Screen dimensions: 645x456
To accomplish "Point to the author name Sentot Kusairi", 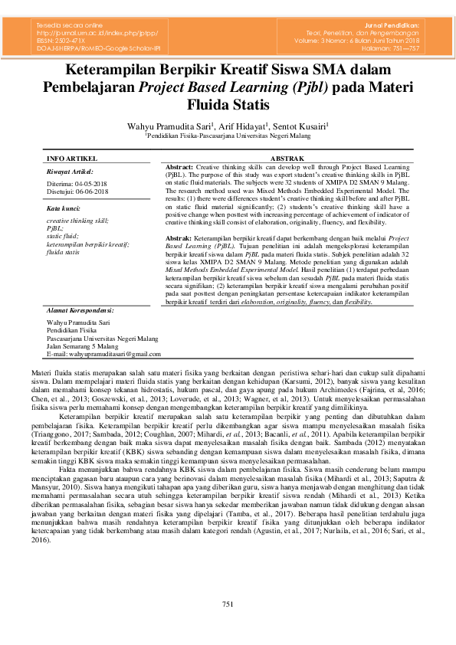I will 301,125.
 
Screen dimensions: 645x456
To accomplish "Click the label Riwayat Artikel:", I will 70,172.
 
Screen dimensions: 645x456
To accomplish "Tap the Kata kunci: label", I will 64,208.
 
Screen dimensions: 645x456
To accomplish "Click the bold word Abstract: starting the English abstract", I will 180,166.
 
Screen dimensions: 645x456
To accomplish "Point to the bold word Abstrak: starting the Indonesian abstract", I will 179,239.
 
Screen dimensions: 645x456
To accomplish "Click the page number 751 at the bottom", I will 228,605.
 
